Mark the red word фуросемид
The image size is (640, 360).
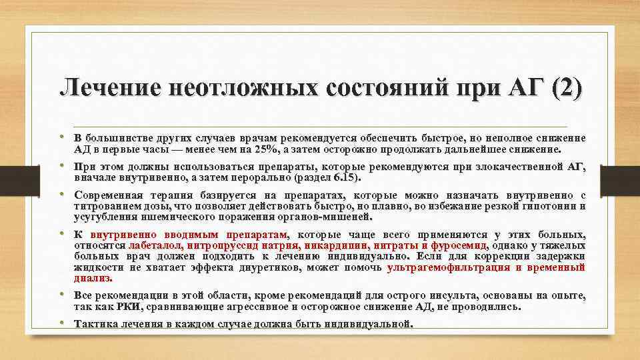pyautogui.click(x=457, y=245)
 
